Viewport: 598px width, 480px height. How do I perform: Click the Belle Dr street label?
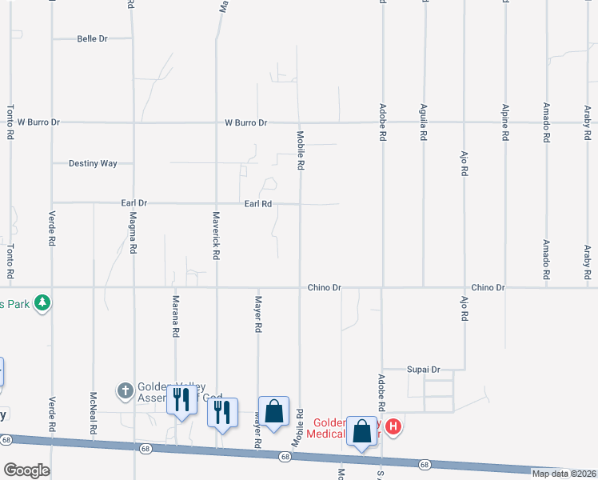coord(92,38)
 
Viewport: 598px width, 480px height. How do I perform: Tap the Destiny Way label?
coord(93,163)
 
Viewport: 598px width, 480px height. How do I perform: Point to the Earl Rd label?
coord(258,204)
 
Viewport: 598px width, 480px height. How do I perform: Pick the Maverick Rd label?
coord(216,235)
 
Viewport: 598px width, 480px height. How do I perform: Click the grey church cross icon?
coord(125,390)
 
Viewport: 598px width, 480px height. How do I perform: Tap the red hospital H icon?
coord(393,427)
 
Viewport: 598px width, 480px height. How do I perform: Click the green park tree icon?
coord(43,303)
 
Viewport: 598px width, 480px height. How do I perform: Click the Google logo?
coord(26,470)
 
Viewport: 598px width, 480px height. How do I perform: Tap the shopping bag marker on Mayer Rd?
coord(273,411)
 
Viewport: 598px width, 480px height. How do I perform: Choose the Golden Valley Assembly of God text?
coord(168,390)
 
